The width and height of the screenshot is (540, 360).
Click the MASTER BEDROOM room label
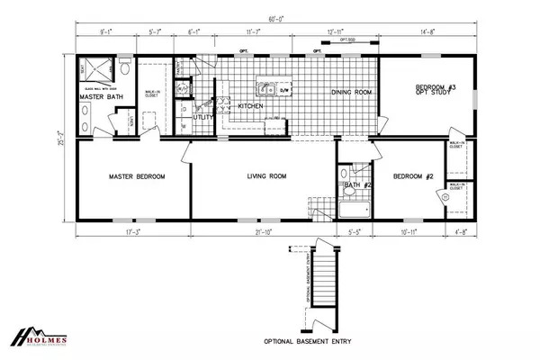coord(137,176)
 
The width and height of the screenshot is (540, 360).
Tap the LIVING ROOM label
coord(267,176)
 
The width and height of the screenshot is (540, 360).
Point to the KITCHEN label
coord(250,105)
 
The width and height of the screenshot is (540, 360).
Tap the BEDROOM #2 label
coord(413,176)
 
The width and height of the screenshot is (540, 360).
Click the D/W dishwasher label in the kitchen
coord(283,89)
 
